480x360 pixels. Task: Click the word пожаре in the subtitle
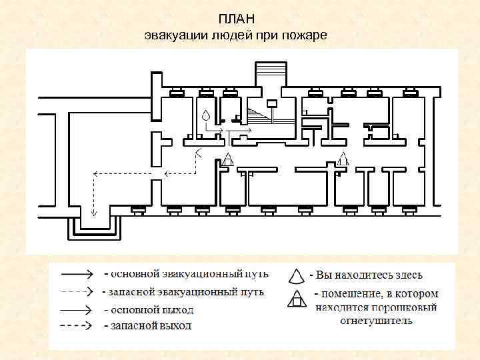click(x=305, y=34)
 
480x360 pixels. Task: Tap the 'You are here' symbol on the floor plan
click(x=206, y=115)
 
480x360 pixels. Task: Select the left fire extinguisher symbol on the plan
click(x=228, y=159)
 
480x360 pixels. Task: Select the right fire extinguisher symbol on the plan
click(x=343, y=159)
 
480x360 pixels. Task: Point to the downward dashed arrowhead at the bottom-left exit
click(x=94, y=214)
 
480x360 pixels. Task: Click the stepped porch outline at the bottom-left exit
click(x=94, y=230)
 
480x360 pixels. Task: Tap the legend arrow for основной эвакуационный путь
click(x=76, y=273)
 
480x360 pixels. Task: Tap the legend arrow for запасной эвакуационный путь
click(x=76, y=291)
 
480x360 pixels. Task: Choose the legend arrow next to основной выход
click(x=76, y=310)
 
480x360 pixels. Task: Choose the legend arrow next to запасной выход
click(x=76, y=326)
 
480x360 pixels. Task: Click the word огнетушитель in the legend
click(x=376, y=321)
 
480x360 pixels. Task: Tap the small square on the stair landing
click(x=271, y=103)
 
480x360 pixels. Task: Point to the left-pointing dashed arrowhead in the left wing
click(x=95, y=173)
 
